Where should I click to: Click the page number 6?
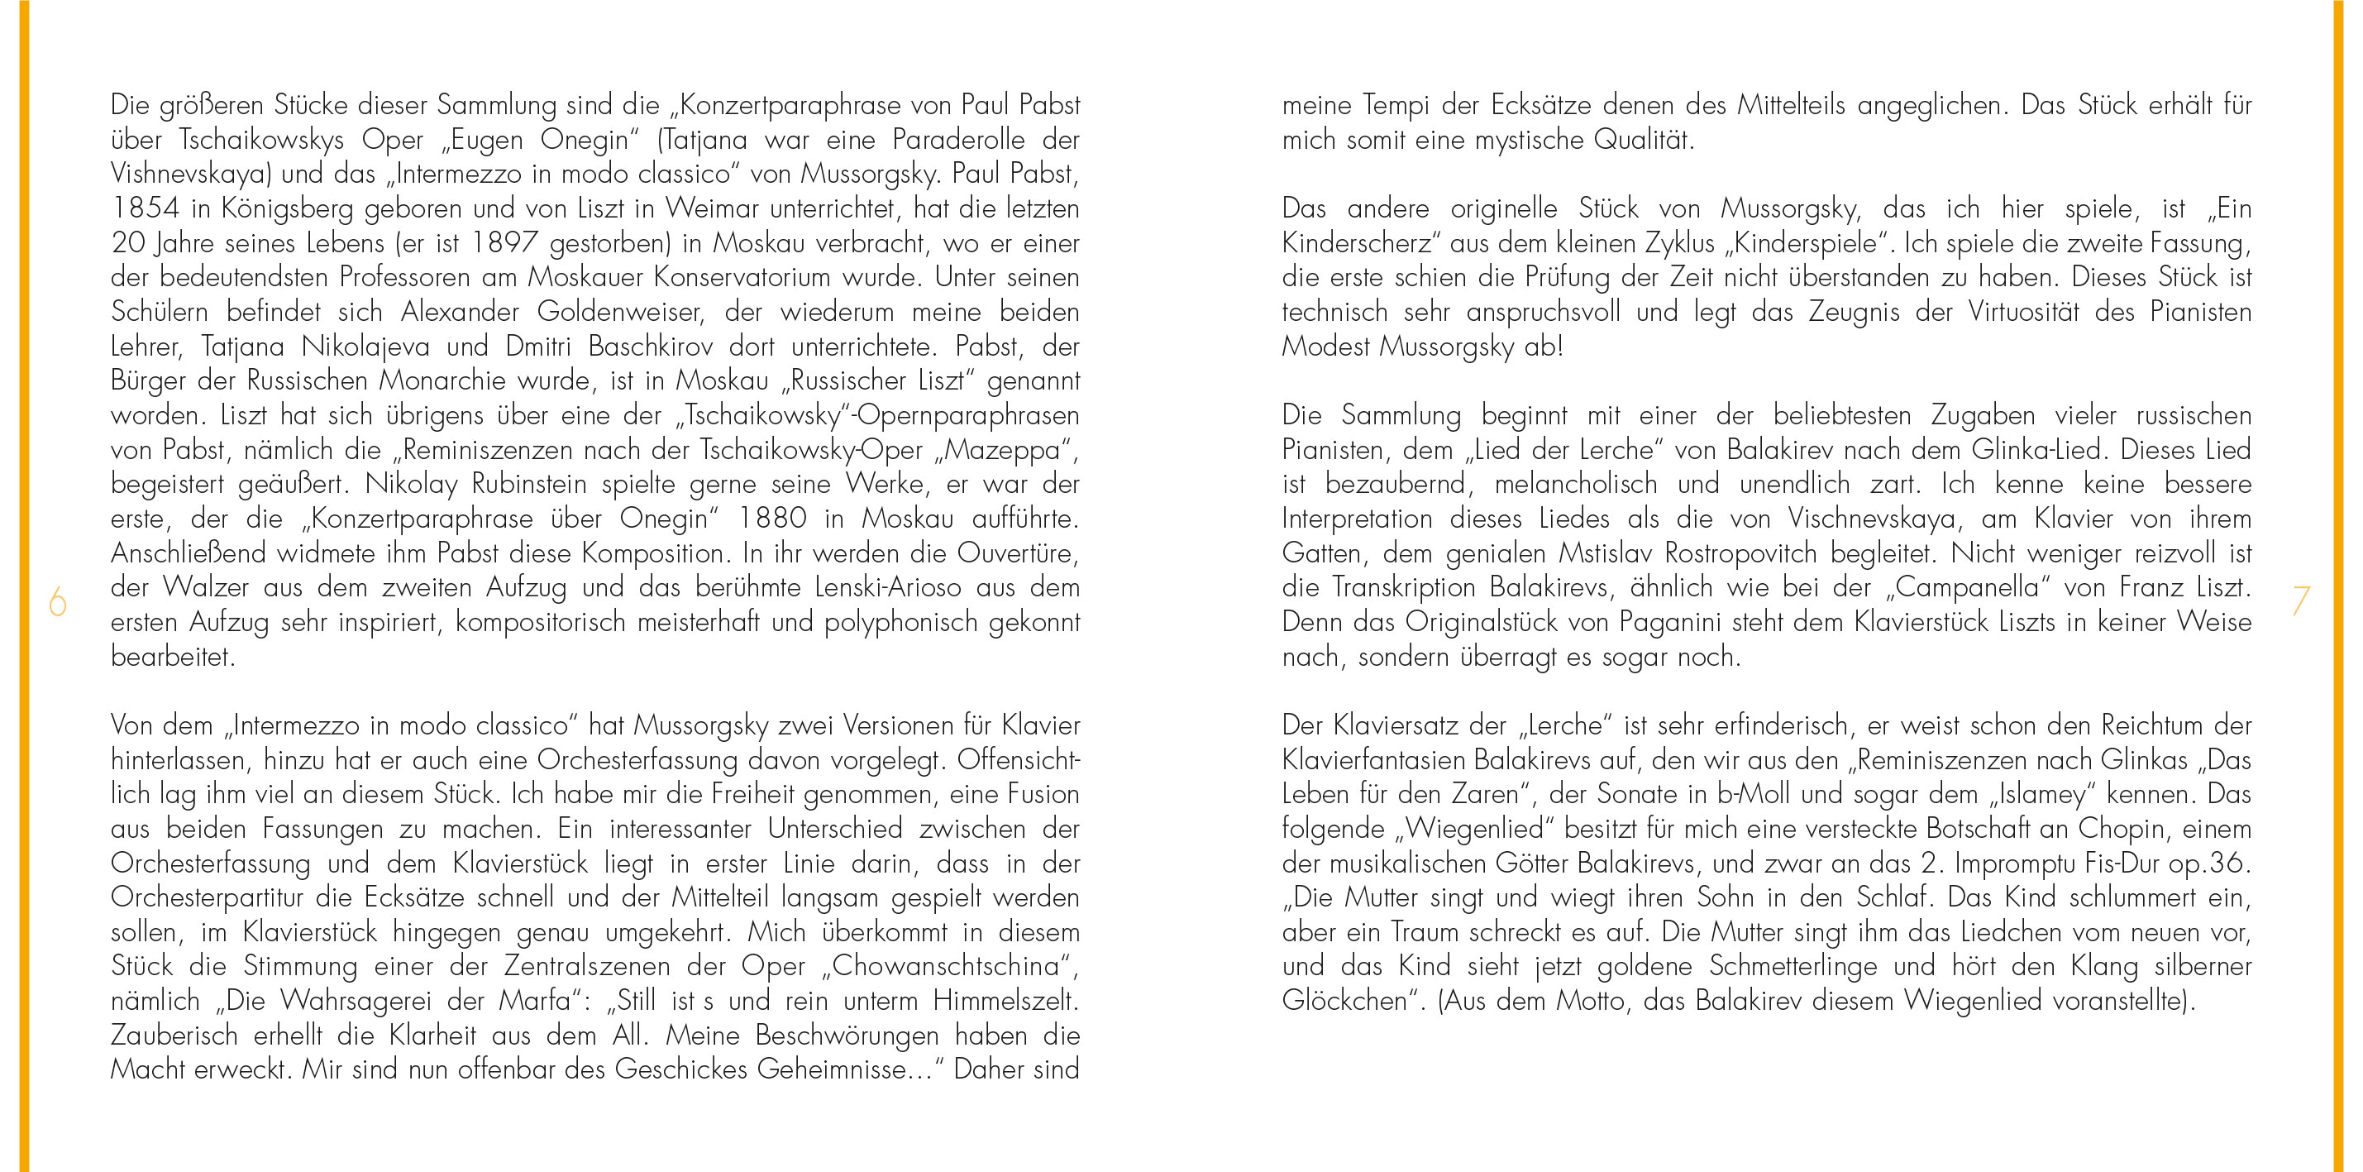tap(58, 602)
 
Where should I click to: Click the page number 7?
tap(2301, 601)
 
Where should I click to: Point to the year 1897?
tap(504, 243)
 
